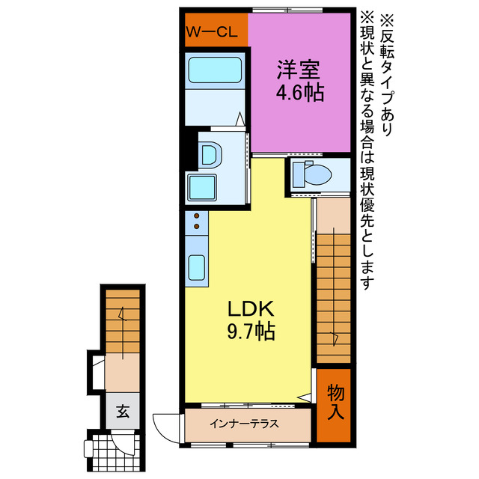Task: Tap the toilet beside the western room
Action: tap(312, 174)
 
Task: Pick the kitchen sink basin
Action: tap(198, 266)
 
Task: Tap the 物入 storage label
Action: tap(336, 402)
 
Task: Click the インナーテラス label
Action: tap(244, 424)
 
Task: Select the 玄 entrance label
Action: tap(121, 410)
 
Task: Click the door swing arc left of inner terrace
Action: tap(166, 424)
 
